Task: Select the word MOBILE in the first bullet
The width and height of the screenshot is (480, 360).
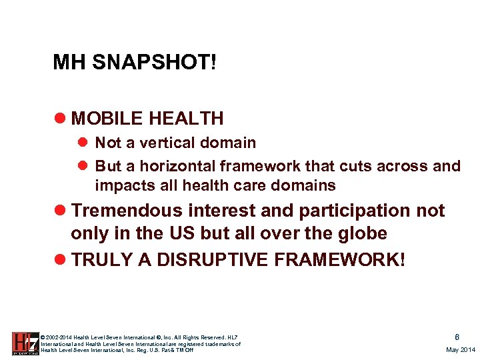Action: pos(107,119)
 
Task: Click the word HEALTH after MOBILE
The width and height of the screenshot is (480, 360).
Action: pos(186,119)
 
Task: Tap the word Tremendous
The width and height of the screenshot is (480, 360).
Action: pos(127,211)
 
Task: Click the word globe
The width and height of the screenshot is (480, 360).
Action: pos(361,234)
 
